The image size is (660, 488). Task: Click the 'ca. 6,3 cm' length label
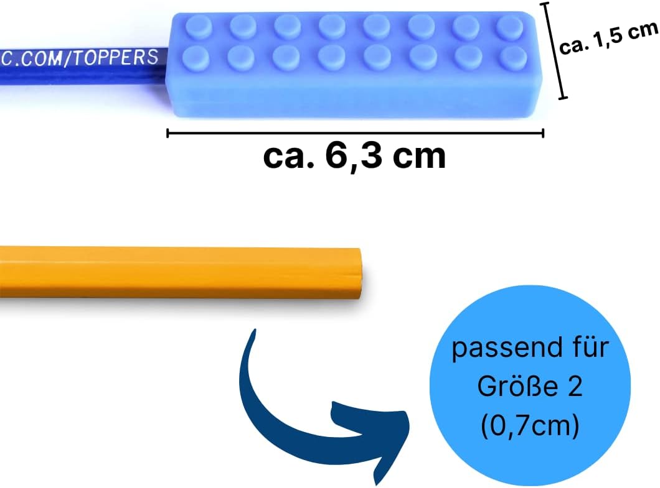click(354, 156)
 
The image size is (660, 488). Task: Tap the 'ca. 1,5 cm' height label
click(609, 37)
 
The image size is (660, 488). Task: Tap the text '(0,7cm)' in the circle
click(530, 425)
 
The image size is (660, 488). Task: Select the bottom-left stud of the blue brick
click(196, 57)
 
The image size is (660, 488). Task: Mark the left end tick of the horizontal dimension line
click(167, 133)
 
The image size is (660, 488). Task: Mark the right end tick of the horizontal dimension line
click(543, 133)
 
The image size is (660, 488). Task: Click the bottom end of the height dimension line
click(563, 98)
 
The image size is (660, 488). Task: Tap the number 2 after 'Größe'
click(575, 386)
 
